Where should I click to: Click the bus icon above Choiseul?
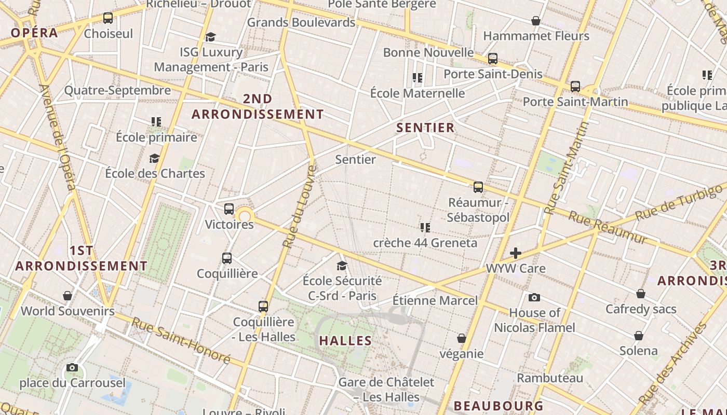108,18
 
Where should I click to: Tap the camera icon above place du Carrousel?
72,368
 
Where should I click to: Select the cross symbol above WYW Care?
516,253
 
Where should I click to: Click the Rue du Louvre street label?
300,206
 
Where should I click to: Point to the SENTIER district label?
425,128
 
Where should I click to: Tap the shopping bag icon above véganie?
462,339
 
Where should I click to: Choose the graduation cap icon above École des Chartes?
154,158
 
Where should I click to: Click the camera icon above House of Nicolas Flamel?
534,297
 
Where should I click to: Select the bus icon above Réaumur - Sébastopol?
478,187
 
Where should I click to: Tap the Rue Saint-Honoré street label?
180,340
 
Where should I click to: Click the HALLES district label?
345,341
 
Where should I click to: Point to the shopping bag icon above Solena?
639,336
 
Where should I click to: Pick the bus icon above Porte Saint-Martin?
575,87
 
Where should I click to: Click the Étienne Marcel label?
435,300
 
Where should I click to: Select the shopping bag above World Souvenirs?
68,296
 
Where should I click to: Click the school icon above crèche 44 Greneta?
425,228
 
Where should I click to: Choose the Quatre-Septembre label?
117,91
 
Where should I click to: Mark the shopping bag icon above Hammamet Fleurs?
536,21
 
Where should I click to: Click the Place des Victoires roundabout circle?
244,216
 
